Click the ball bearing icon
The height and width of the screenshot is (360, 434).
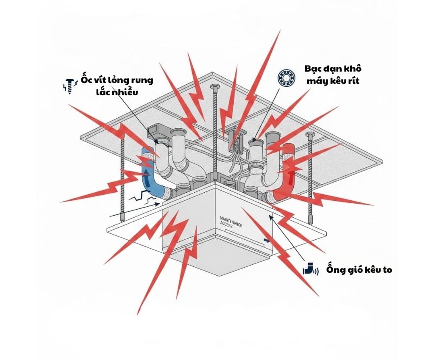click(286, 79)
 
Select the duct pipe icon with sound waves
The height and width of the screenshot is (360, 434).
click(310, 269)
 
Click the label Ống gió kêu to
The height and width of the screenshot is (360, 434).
click(359, 269)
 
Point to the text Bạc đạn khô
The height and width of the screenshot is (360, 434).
click(333, 69)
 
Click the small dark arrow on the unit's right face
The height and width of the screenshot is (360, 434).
click(267, 240)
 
